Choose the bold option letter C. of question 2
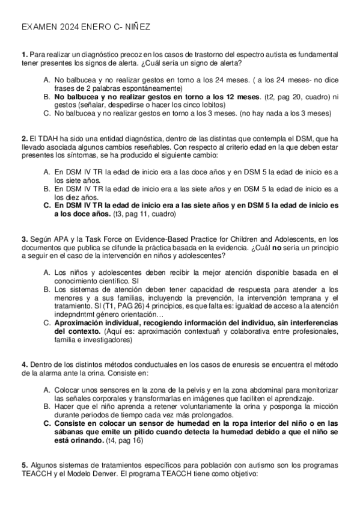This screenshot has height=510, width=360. (x=47, y=205)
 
